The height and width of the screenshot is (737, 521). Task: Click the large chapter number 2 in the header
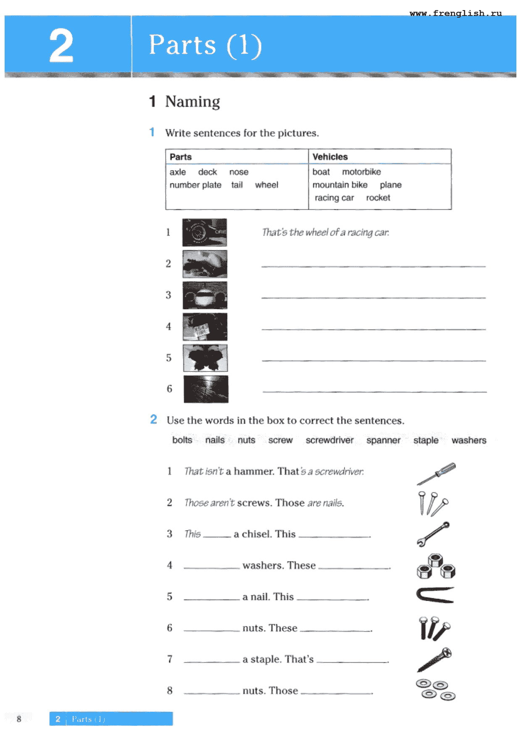tap(61, 46)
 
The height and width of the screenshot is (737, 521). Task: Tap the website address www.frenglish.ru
tap(455, 13)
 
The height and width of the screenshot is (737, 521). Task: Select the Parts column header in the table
tap(181, 157)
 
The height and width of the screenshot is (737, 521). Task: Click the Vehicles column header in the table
tap(330, 157)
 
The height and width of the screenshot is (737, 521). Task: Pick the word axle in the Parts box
tap(178, 172)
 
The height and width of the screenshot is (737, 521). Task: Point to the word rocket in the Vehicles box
tap(378, 197)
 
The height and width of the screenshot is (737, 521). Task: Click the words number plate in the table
tap(195, 185)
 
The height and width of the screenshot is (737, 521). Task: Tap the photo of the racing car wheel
tap(205, 232)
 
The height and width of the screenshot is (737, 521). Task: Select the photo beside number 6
tap(206, 389)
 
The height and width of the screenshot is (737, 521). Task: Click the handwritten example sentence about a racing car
tap(325, 232)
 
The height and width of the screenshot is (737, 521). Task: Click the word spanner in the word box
tap(383, 440)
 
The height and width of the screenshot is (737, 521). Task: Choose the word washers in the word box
tap(468, 440)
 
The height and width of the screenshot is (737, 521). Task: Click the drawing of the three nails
tap(433, 503)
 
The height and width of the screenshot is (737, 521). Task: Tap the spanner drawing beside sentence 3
tap(433, 534)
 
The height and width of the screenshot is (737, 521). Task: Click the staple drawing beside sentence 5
tap(435, 595)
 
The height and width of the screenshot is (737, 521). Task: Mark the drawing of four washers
tap(436, 690)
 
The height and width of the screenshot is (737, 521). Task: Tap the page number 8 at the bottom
tap(19, 719)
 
